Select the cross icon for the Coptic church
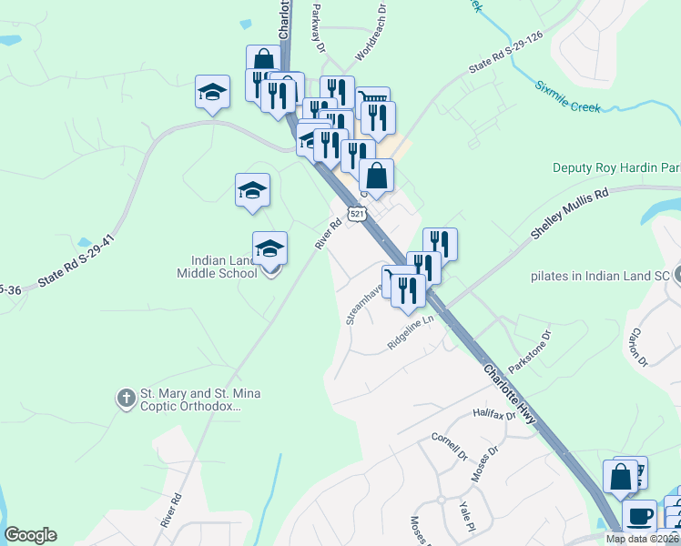tap(126, 398)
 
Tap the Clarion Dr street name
tap(637, 347)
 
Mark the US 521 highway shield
tap(358, 214)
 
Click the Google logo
tap(30, 535)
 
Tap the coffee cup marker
tap(640, 516)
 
